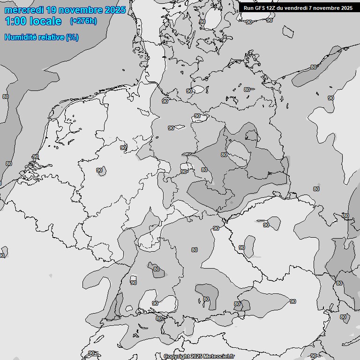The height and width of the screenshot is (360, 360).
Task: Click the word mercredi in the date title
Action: [24, 10]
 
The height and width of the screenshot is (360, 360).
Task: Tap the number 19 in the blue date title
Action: [52, 10]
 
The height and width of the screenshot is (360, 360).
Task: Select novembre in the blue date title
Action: [82, 10]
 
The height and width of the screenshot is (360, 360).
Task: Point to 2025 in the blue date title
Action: [115, 10]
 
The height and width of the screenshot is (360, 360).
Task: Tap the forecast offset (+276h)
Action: [83, 21]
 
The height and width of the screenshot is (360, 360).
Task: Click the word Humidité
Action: [20, 37]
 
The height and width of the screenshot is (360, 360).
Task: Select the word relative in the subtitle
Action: [51, 37]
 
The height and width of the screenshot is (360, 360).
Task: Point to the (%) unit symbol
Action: [72, 37]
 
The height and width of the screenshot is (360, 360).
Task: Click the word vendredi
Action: [299, 7]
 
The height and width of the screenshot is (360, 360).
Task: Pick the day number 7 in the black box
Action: [314, 7]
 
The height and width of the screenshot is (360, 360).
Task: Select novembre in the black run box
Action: [328, 7]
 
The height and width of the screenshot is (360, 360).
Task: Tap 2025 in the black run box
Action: [347, 7]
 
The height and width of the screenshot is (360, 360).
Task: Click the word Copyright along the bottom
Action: [176, 356]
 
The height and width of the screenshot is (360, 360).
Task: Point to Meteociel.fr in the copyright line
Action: [219, 356]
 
